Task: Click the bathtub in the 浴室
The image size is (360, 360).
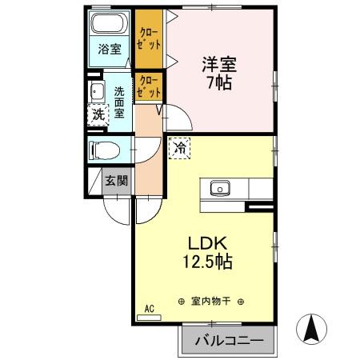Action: pos(109,22)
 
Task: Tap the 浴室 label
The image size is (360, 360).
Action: pos(110,49)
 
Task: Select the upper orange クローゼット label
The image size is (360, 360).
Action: pos(148,38)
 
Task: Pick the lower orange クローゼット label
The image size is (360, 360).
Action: pos(149,86)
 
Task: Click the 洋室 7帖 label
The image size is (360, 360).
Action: pos(218,71)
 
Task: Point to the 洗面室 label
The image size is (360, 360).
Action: pos(120,102)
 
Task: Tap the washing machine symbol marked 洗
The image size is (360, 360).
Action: pos(97,114)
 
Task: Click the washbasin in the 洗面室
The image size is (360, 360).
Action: pos(96,90)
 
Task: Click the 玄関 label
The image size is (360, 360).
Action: pos(116,180)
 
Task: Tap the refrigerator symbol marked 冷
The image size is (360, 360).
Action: pos(180,147)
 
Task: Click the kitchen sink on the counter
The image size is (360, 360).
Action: pos(218,189)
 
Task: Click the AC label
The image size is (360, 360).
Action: pos(149,308)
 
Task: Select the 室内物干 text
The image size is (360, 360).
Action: pos(211,302)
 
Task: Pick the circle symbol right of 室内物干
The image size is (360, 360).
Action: pos(242,302)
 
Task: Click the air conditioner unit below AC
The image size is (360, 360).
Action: pos(149,318)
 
